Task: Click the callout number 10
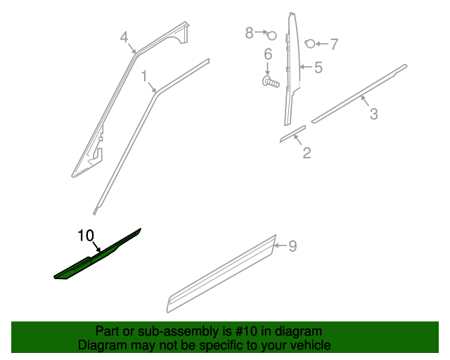[x=86, y=236]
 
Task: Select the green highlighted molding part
[x=98, y=255]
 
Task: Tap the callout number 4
[x=124, y=37]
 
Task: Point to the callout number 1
[x=144, y=77]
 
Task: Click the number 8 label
[x=249, y=33]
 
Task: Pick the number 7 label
[x=334, y=44]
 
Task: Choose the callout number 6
[x=268, y=54]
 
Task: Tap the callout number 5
[x=319, y=67]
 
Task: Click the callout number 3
[x=373, y=114]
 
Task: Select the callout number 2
[x=307, y=153]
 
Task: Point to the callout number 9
[x=292, y=246]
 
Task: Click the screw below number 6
[x=270, y=82]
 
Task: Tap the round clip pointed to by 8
[x=271, y=36]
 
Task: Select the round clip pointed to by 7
[x=310, y=44]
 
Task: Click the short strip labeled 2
[x=292, y=134]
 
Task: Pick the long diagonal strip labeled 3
[x=359, y=94]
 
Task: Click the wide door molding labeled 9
[x=221, y=274]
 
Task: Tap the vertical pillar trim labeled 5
[x=292, y=69]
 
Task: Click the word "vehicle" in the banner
[x=313, y=345]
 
